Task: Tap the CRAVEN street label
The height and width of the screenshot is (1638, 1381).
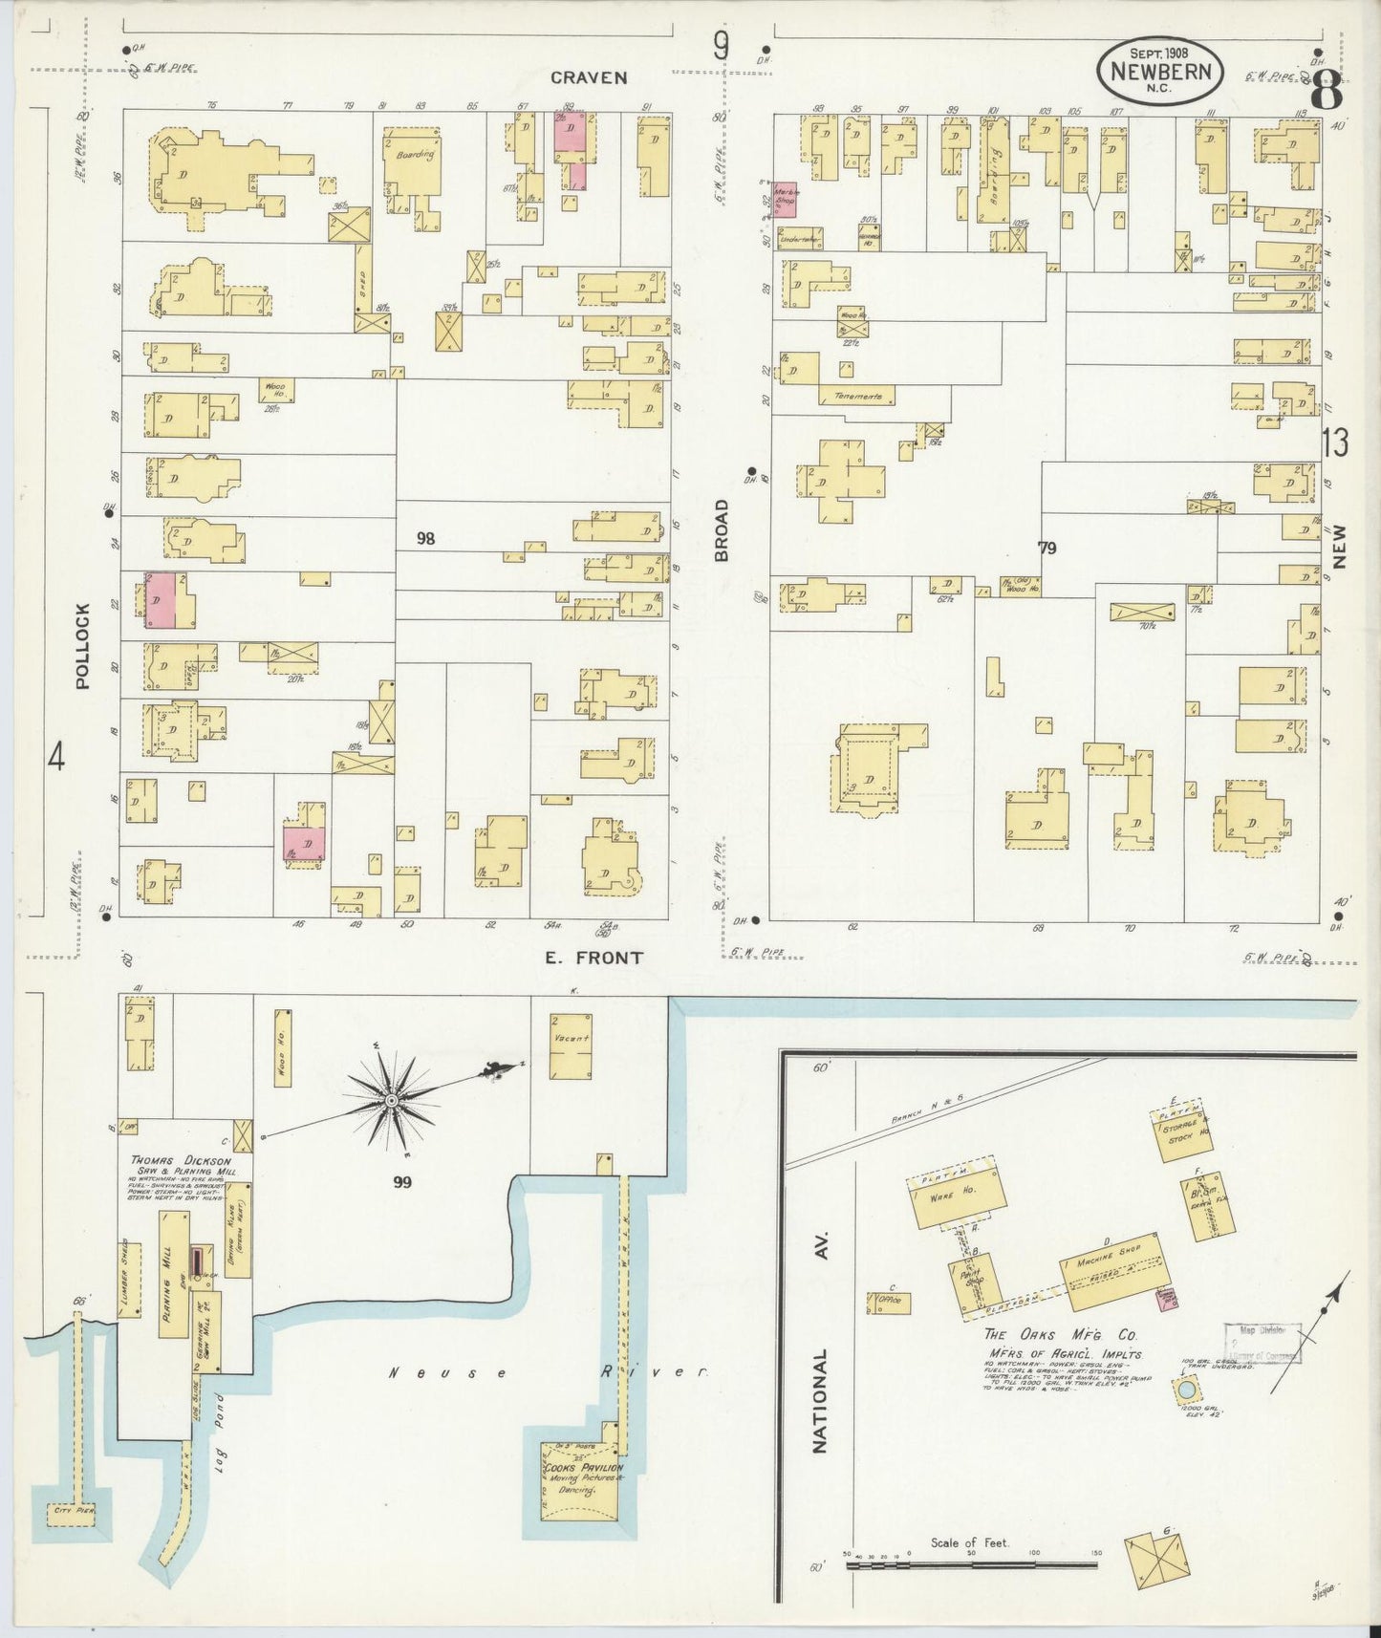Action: [x=588, y=77]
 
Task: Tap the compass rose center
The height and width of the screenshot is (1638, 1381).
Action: [x=391, y=1102]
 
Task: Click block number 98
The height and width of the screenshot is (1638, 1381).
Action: [x=425, y=539]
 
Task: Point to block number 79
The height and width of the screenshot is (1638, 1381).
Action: [x=1047, y=548]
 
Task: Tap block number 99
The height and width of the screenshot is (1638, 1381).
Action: [x=402, y=1182]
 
